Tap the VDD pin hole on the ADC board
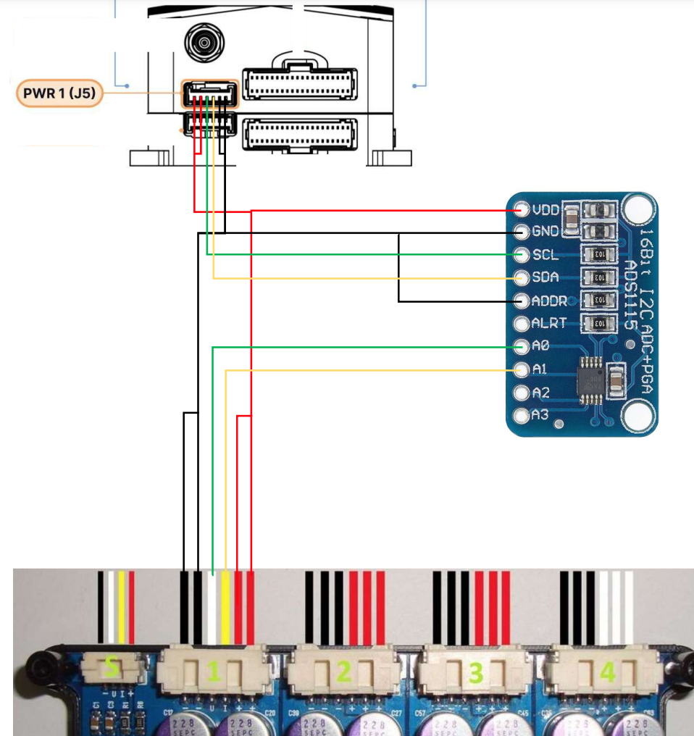point(522,210)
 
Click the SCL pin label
point(545,255)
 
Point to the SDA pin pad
point(522,277)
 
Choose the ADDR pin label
point(548,301)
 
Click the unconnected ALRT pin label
point(548,323)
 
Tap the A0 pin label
point(540,346)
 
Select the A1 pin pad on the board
point(522,369)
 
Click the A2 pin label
point(540,393)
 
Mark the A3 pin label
point(540,416)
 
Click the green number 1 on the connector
point(213,673)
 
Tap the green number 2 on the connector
point(344,673)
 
